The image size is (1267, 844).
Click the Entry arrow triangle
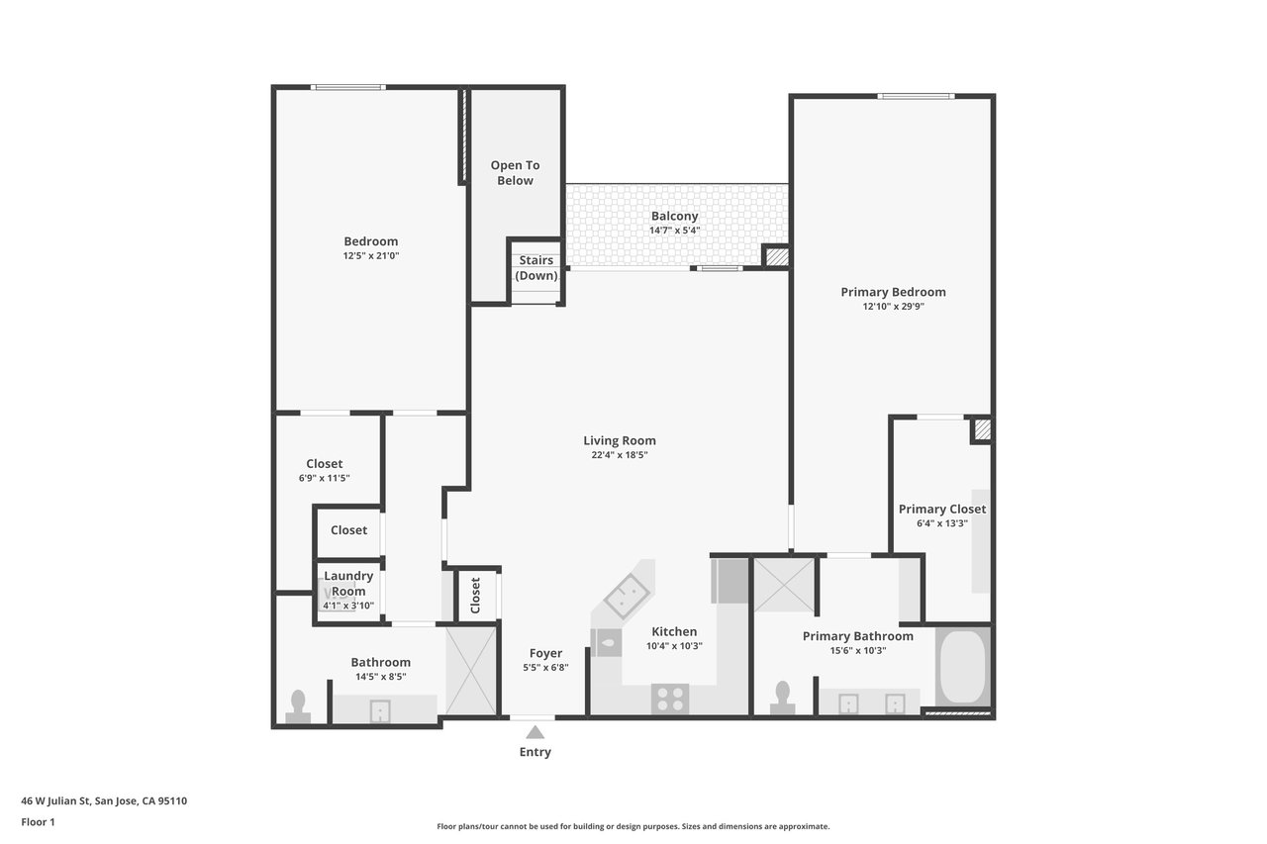pos(536,732)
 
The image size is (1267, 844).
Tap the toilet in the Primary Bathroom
pos(782,698)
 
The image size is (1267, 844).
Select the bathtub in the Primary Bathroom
pos(962,666)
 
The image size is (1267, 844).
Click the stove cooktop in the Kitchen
pos(670,699)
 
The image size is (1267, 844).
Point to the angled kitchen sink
pos(627,596)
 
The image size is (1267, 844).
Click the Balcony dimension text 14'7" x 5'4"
pos(674,231)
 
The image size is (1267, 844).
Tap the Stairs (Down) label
pos(536,267)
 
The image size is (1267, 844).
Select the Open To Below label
pos(515,172)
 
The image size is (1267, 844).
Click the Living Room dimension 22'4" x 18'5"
pos(620,454)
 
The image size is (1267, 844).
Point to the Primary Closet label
pos(941,509)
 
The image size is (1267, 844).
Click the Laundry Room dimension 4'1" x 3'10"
pos(348,606)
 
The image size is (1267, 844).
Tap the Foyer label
pos(545,653)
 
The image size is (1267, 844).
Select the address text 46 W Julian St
pos(55,800)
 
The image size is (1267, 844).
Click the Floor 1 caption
pos(38,822)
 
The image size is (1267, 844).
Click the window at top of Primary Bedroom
pos(916,96)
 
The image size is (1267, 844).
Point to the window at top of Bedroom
pos(347,87)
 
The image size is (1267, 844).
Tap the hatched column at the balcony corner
pos(777,257)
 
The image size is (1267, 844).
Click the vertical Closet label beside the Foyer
pos(475,596)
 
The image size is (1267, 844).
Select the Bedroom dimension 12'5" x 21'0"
pos(371,255)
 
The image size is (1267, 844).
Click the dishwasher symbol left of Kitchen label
pos(606,643)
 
